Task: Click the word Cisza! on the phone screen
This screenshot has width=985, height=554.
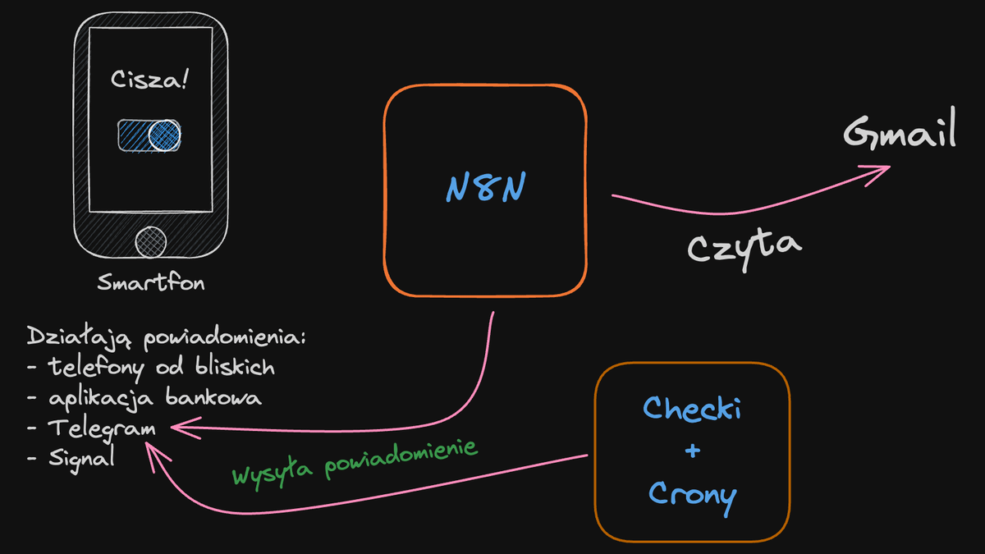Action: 149,81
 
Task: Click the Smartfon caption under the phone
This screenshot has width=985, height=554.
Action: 150,284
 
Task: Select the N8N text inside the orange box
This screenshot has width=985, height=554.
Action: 486,189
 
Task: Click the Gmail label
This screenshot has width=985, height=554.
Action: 900,134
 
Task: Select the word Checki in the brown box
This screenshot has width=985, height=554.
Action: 691,408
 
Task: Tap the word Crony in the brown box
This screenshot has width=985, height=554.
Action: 691,494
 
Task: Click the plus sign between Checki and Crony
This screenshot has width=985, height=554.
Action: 691,451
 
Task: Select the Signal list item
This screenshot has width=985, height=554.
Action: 80,458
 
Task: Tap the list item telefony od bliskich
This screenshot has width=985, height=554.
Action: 161,368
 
